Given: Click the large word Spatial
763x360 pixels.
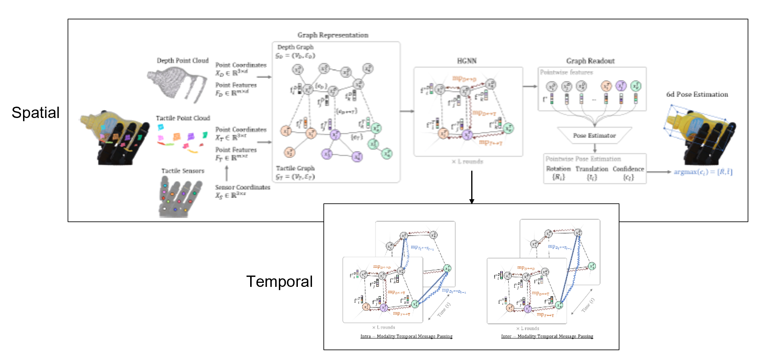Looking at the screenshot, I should (36, 113).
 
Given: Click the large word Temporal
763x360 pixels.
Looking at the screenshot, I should (279, 282).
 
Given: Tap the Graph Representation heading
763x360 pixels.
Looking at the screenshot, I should (333, 35).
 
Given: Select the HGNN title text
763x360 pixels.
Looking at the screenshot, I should (467, 61).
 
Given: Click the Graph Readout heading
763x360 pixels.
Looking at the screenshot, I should (590, 61).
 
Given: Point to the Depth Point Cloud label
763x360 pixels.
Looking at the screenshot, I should (183, 61).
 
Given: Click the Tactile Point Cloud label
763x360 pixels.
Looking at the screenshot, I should (183, 118).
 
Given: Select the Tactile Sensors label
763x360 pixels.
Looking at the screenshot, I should (183, 171).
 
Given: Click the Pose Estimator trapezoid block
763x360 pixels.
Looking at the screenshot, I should (594, 135).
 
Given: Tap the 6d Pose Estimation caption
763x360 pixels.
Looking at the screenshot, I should (697, 95).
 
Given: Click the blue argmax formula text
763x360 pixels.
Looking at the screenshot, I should (703, 172).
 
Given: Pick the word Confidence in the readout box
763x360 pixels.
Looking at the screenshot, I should (628, 169).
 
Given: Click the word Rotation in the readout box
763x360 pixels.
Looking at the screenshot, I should (558, 169).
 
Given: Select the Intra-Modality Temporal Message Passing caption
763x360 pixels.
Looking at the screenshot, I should (406, 336).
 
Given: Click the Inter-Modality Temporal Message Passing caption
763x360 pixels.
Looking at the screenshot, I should (547, 336).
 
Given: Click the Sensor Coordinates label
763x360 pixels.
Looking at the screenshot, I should (242, 187).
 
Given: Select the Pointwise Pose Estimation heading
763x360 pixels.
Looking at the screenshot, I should (583, 159).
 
